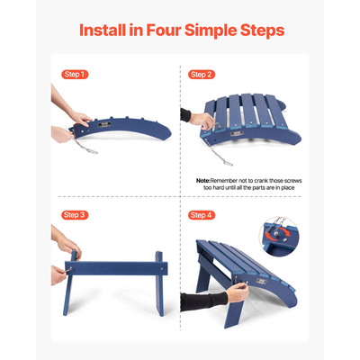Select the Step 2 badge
click(x=202, y=74)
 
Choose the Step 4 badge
click(x=202, y=215)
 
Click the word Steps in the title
click(x=260, y=30)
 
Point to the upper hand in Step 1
click(x=76, y=116)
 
